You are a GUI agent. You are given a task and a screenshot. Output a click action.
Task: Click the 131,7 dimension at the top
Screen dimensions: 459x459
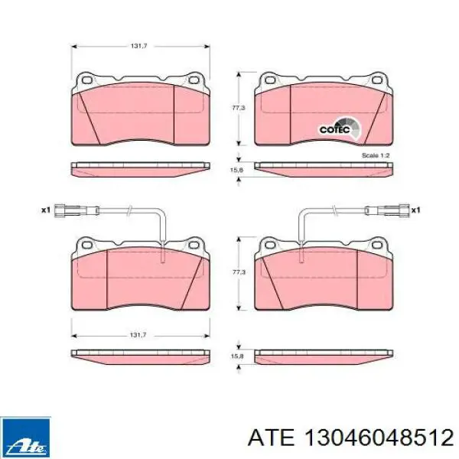138,46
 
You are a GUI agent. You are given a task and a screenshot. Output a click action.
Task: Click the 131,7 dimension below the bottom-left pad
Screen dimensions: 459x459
138,335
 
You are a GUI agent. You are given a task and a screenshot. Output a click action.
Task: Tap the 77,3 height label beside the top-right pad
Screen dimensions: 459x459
239,108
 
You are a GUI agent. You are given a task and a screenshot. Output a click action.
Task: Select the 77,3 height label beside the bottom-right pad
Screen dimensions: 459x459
239,272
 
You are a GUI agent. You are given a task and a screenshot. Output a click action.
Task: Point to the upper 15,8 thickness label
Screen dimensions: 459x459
236,170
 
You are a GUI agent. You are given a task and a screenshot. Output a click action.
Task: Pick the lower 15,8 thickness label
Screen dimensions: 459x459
237,356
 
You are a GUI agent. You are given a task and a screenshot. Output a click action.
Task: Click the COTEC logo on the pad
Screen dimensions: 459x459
340,127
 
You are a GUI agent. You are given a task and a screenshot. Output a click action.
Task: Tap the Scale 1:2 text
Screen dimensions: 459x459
376,155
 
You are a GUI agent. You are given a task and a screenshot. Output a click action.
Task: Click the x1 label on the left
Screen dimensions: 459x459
46,210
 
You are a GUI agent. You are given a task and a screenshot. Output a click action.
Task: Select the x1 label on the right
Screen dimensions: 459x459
415,210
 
